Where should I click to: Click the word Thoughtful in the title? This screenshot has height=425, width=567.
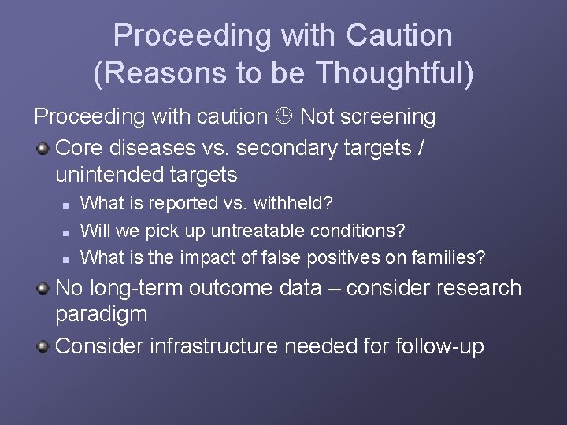[395, 74]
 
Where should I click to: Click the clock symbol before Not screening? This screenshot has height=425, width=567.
[285, 117]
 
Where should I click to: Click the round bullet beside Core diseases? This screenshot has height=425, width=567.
[44, 147]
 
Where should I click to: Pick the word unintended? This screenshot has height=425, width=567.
[111, 174]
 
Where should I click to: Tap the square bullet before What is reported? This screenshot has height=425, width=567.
[68, 205]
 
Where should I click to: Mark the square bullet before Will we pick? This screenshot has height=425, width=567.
[68, 231]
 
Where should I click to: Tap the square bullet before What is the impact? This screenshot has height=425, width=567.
[68, 258]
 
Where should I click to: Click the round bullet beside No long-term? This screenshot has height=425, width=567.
[44, 289]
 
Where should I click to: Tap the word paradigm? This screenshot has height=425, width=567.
[102, 315]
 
